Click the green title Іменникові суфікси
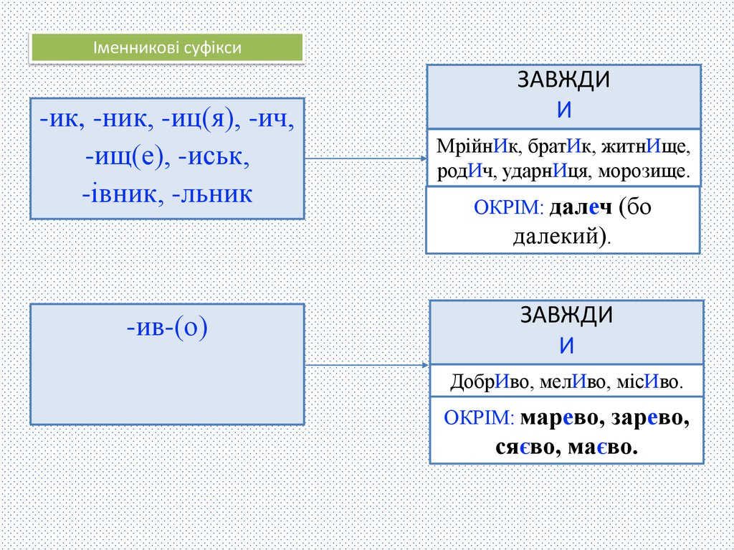(166, 48)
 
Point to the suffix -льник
(212, 193)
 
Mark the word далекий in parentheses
(556, 236)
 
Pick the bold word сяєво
(525, 447)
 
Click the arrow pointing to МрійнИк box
(366, 158)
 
